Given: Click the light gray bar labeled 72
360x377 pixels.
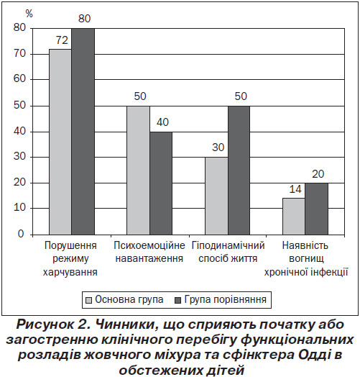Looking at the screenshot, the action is tap(60, 142).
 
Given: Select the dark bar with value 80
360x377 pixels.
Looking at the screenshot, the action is tap(83, 132).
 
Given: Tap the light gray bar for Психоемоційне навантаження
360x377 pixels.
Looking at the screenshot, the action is tap(139, 171).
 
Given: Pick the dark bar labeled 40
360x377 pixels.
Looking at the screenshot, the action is tap(161, 183).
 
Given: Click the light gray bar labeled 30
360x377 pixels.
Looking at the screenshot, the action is tap(216, 196).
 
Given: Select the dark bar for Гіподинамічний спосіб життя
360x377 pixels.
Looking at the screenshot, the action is tap(239, 171).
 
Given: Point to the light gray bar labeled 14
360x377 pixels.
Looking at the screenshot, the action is tap(294, 217).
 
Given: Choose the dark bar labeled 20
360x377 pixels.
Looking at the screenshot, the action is tap(317, 209).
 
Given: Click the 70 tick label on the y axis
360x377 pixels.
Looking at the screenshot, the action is tap(19, 54).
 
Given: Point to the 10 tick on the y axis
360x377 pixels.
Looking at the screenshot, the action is tap(19, 208).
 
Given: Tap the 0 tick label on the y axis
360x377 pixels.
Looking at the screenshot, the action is tap(21, 234).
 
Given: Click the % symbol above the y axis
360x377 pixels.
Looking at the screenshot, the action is tap(29, 14).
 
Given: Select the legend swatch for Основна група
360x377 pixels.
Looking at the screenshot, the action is tap(89, 300).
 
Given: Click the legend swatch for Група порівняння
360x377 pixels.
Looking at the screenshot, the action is tap(178, 300).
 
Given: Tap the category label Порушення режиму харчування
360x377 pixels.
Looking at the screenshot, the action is tap(70, 259).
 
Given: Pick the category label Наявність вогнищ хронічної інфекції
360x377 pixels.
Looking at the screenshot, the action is tap(306, 259).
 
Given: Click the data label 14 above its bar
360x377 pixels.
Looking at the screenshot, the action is tap(295, 189).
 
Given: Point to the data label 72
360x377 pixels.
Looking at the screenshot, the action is tap(62, 40).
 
